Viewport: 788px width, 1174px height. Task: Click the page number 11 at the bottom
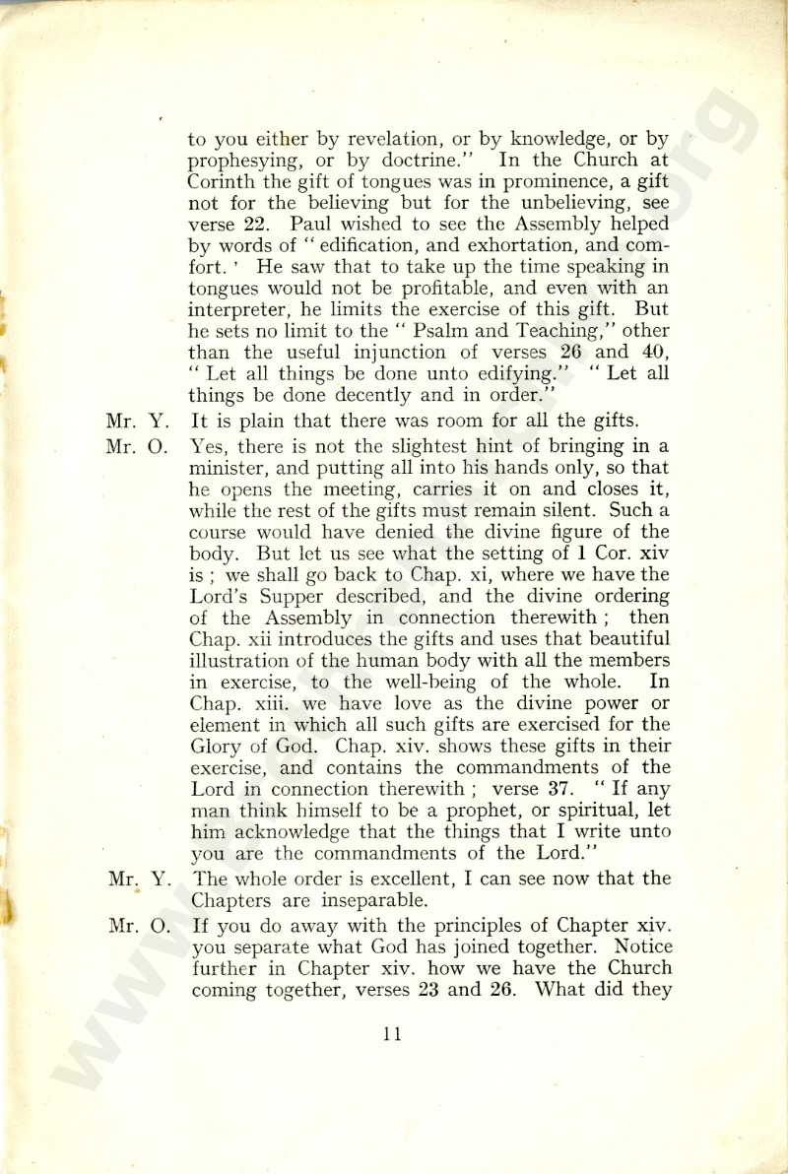click(393, 1034)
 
